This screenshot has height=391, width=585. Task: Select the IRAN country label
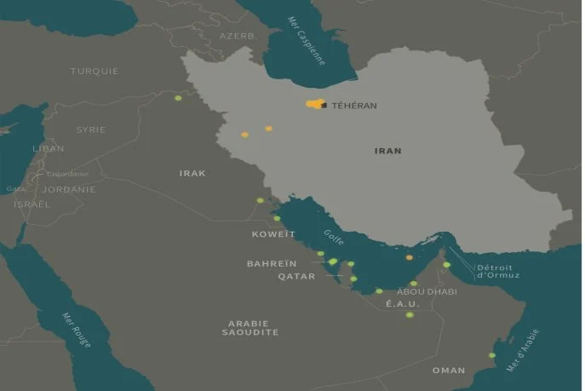(x=387, y=151)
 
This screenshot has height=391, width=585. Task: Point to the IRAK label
(x=192, y=173)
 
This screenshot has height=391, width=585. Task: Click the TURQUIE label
(x=95, y=72)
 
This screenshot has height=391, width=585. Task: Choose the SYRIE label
(x=90, y=129)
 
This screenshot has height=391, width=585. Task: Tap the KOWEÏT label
(x=273, y=233)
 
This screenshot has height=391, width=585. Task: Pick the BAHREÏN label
(x=272, y=264)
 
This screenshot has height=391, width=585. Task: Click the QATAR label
(x=296, y=277)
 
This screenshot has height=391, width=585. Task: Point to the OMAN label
(x=449, y=370)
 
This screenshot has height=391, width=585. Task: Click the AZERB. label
(x=238, y=37)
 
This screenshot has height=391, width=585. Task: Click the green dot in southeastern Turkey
(x=178, y=99)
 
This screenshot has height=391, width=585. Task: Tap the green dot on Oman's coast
(x=491, y=355)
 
